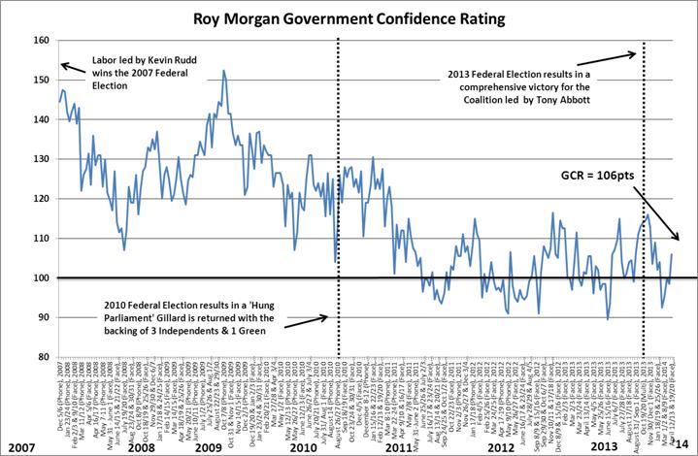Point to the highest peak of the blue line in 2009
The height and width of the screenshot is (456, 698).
click(x=224, y=70)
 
